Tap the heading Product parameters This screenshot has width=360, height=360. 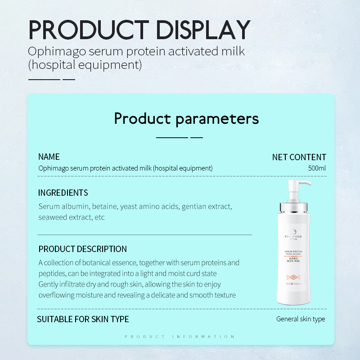point(186,118)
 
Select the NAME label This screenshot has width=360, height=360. point(49,157)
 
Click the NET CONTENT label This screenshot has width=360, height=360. point(299,157)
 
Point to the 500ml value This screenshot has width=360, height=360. point(317,168)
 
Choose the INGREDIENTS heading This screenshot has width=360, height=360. point(63,193)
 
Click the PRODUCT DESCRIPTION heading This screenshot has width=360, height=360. point(83,249)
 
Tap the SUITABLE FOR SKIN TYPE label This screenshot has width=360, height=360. point(83,319)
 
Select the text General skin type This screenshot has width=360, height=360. point(301,319)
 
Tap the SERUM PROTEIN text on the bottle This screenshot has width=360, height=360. point(293,252)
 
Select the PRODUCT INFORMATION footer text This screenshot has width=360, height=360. point(180,337)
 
